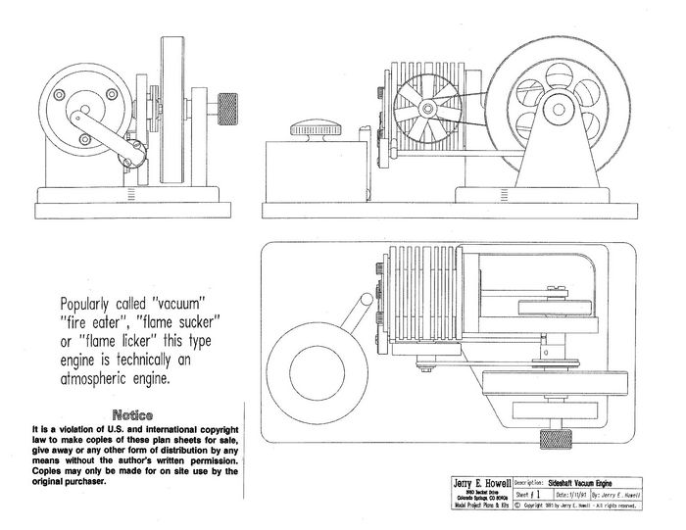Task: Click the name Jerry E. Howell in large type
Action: click(473, 482)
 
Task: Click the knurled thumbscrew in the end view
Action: click(230, 101)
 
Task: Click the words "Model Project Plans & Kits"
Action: click(473, 507)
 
